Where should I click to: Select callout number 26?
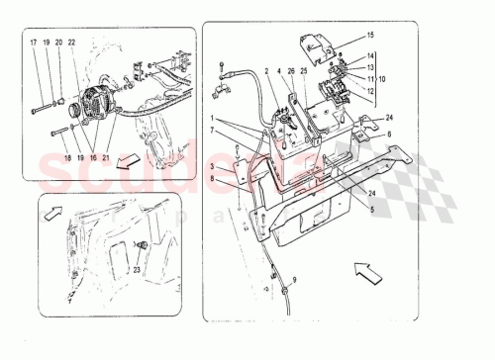point(292,71)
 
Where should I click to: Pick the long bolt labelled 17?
point(48,107)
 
